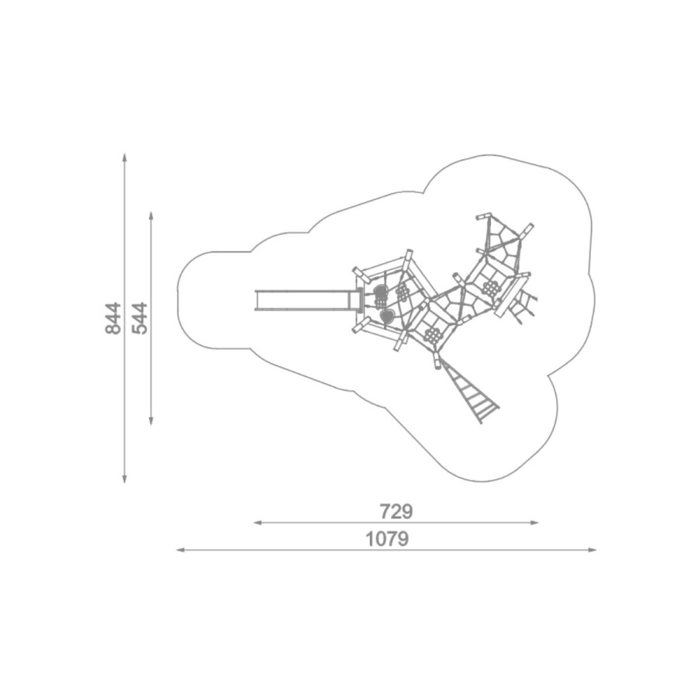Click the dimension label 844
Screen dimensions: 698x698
[113, 318]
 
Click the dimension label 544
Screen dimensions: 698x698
[140, 318]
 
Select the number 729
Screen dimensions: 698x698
[396, 512]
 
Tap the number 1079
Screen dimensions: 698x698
[387, 539]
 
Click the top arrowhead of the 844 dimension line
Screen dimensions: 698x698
[125, 157]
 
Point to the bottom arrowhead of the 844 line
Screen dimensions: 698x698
[125, 479]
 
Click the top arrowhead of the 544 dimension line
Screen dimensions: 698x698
[151, 216]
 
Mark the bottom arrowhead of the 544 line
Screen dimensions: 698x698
[151, 420]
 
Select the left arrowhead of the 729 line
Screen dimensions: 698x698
[258, 523]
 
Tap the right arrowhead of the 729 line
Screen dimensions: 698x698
[534, 523]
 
